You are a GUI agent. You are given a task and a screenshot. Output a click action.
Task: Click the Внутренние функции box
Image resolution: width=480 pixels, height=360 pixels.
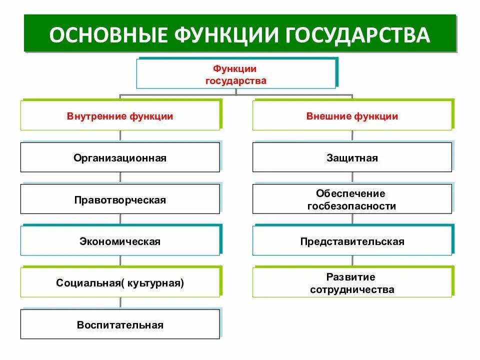120,116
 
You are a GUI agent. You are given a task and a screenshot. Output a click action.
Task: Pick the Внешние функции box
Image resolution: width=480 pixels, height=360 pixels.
352,116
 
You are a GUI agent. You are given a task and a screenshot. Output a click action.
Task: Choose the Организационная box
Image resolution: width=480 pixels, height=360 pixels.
120,158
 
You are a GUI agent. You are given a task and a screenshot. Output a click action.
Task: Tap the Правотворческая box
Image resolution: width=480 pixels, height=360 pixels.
120,200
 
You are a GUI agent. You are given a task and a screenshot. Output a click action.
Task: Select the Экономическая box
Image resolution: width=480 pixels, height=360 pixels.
120,241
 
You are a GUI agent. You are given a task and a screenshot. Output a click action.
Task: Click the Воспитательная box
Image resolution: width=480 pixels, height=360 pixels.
120,325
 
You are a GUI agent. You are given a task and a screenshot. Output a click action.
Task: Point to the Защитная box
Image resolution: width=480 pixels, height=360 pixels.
352,158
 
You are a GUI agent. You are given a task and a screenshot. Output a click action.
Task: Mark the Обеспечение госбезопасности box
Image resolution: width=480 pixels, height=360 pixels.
352,199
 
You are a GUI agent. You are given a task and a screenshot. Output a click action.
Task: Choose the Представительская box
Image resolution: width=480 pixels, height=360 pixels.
352,241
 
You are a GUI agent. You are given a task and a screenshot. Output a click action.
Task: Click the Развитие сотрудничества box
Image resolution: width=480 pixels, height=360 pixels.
352,283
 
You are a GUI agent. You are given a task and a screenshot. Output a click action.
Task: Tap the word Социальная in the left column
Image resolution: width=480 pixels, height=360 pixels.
87,283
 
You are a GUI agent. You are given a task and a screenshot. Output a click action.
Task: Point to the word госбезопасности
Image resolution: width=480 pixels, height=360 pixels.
352,206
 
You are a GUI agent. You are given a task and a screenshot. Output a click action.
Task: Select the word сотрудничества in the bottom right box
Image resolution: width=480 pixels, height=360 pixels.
352,290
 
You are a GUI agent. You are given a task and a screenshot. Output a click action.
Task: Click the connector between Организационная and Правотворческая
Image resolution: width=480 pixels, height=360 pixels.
120,178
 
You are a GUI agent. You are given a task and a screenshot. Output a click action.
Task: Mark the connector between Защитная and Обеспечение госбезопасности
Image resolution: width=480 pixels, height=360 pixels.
352,178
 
